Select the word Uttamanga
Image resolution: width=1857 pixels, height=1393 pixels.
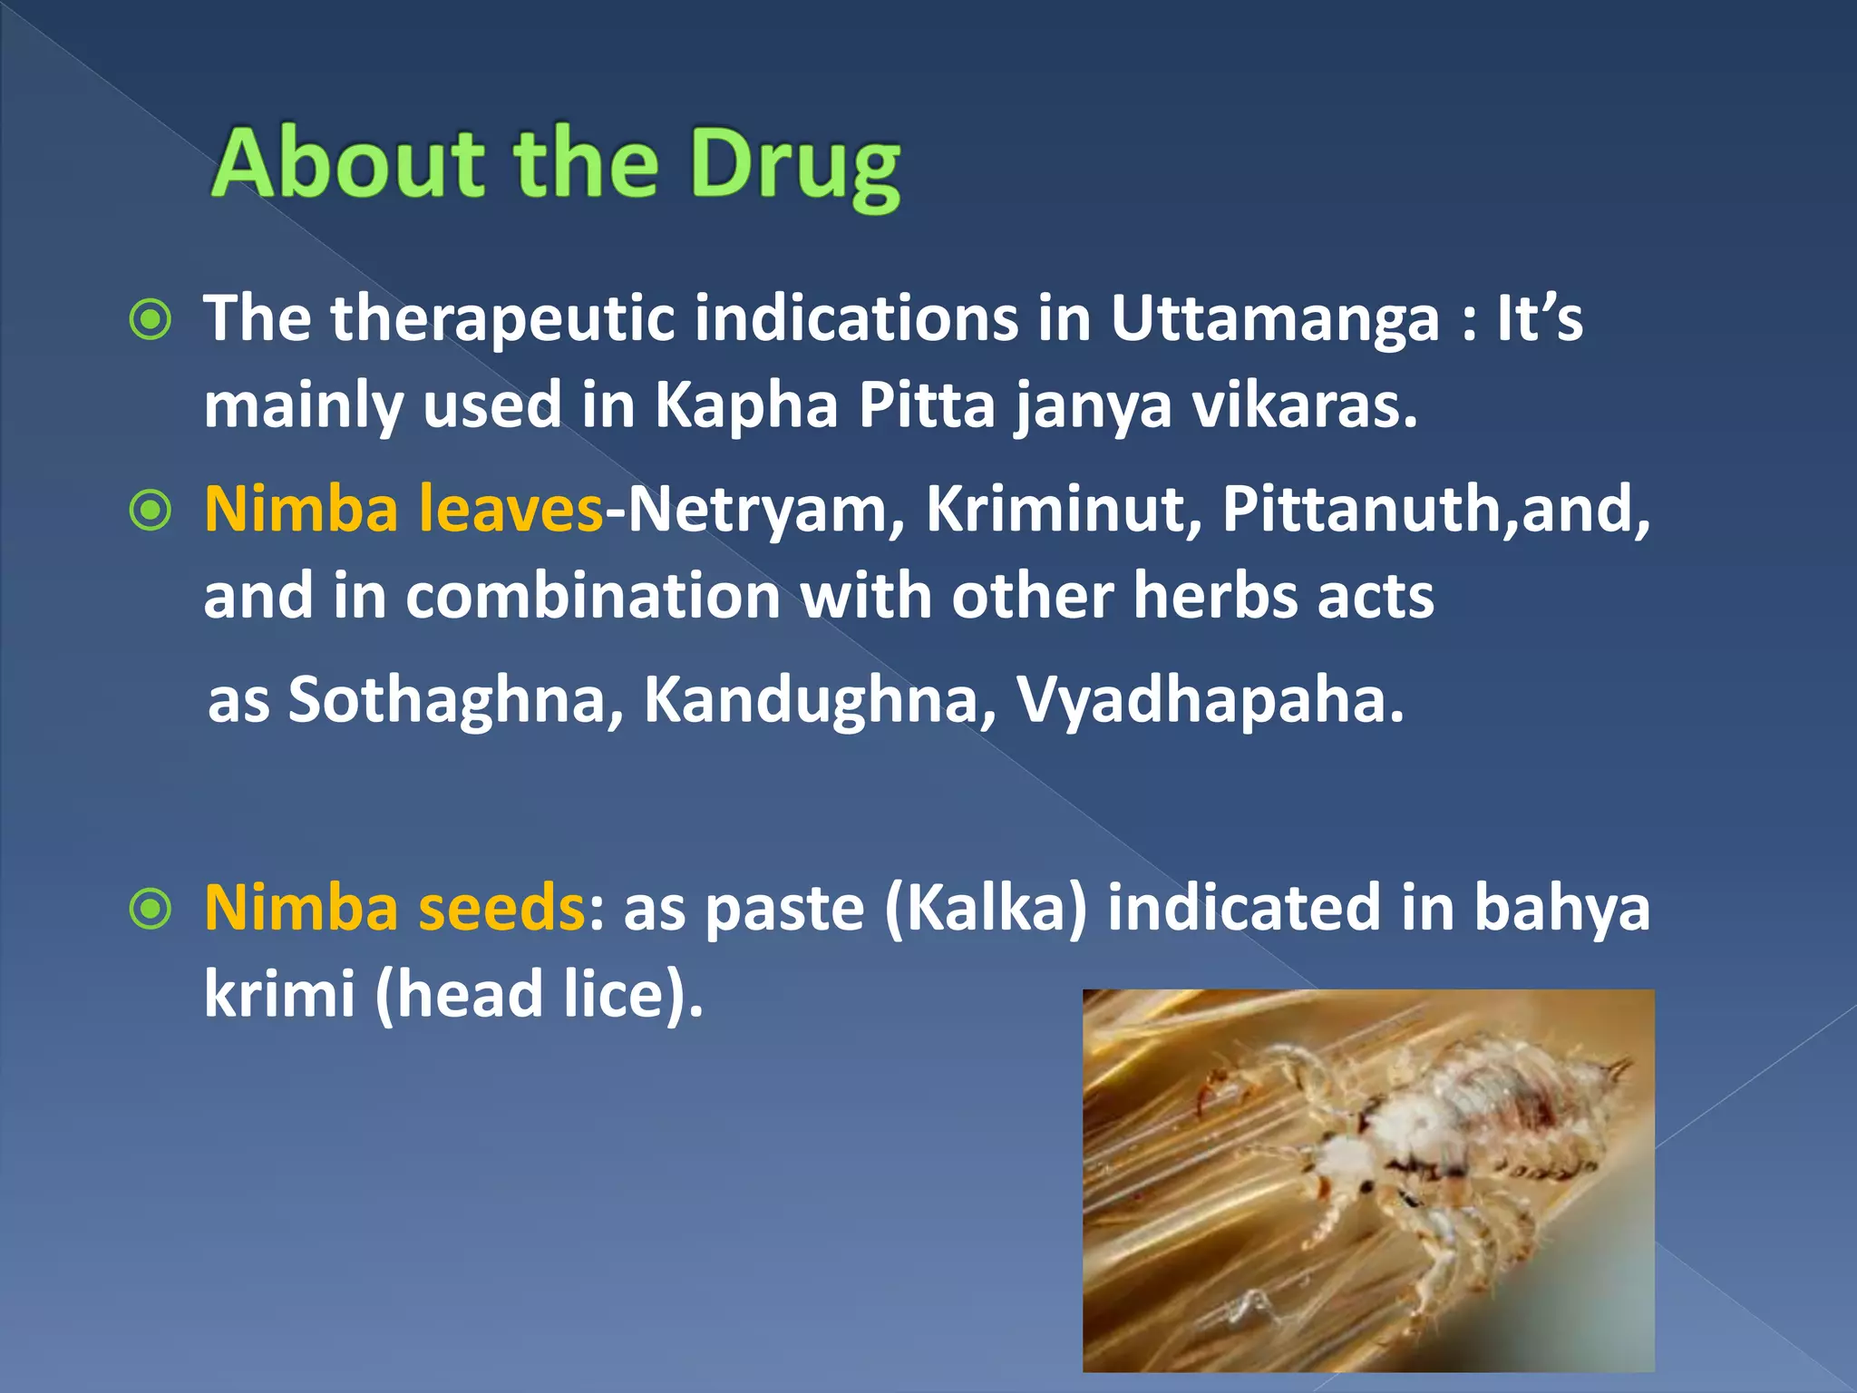pyautogui.click(x=1275, y=319)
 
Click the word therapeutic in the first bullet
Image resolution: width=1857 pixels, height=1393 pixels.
pyautogui.click(x=502, y=319)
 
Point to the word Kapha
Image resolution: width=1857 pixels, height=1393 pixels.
pyautogui.click(x=746, y=404)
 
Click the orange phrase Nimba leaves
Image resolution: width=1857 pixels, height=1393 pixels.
pyautogui.click(x=403, y=509)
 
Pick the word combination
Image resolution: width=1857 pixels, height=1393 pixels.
pyautogui.click(x=592, y=596)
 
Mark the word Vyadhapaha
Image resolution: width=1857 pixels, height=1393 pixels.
pyautogui.click(x=1210, y=699)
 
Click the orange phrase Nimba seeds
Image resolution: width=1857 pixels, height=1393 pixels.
pyautogui.click(x=394, y=908)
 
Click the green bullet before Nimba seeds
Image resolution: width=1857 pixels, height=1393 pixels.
pyautogui.click(x=151, y=909)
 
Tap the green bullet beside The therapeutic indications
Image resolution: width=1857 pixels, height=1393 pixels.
pyautogui.click(x=151, y=320)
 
